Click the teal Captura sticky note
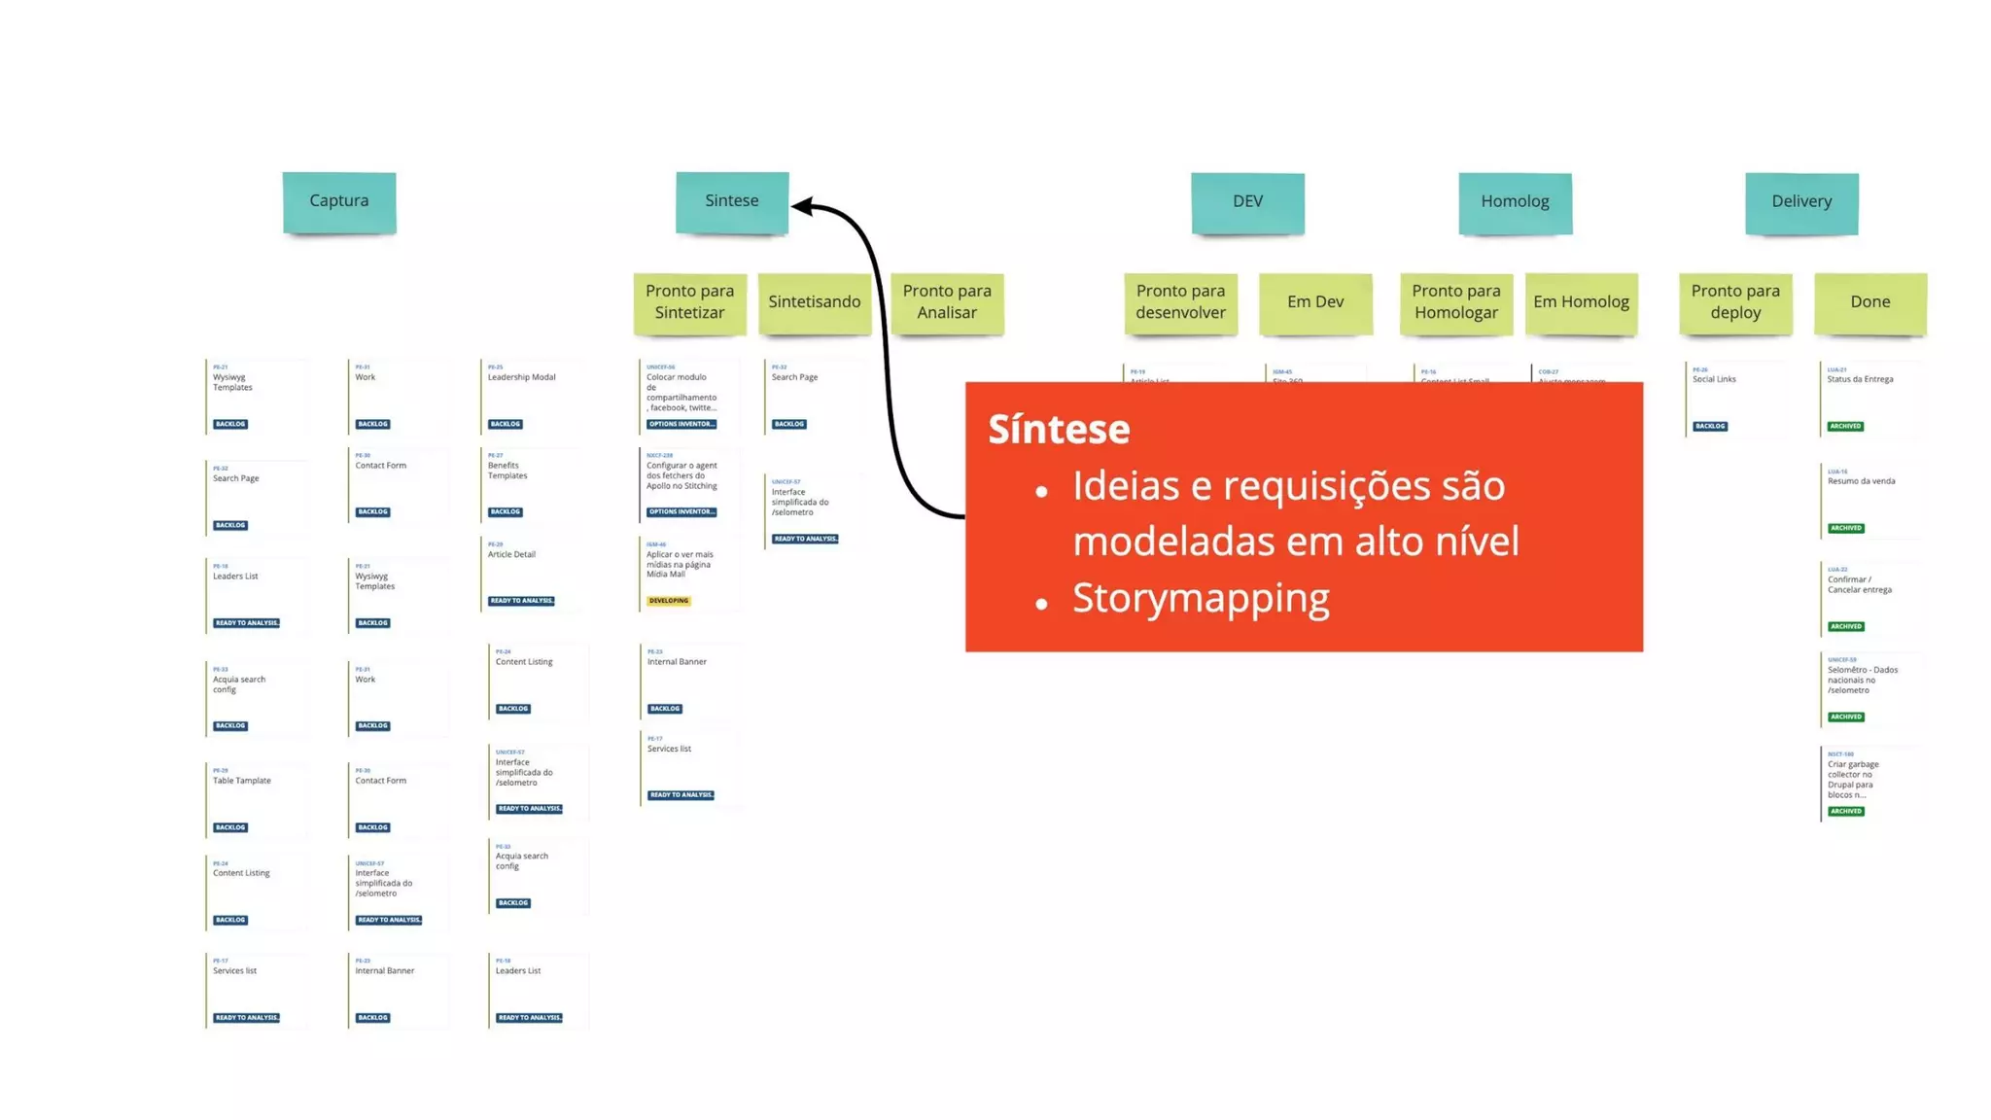click(339, 201)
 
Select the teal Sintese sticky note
click(732, 201)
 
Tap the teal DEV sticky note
click(1247, 202)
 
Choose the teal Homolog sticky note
click(1515, 202)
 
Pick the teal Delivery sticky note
click(1801, 202)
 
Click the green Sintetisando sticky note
click(815, 302)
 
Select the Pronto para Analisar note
click(947, 302)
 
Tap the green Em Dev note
click(1315, 302)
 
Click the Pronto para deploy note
click(1735, 302)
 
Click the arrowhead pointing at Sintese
click(801, 205)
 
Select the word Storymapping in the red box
click(1201, 598)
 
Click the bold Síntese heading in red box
click(1059, 429)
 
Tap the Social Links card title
click(1714, 379)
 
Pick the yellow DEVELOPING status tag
click(669, 601)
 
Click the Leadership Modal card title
click(522, 377)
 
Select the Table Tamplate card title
click(242, 781)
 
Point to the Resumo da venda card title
click(1861, 481)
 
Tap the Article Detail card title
click(511, 554)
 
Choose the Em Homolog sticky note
click(1581, 302)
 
